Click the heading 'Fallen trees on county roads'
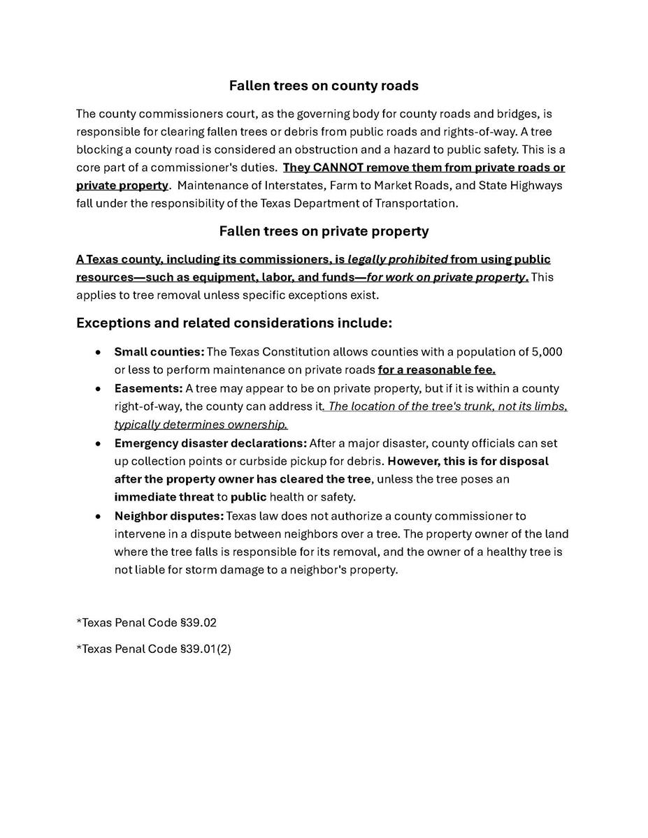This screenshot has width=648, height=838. click(x=324, y=86)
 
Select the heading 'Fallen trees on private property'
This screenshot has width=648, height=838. click(x=324, y=231)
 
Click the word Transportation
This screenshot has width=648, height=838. click(x=417, y=204)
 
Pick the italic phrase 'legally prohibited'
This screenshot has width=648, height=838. click(x=397, y=260)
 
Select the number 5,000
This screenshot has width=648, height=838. click(x=547, y=352)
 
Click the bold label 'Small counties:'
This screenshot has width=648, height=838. click(x=159, y=352)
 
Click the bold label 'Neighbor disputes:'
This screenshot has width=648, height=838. click(x=168, y=516)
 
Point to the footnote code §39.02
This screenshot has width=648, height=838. click(x=203, y=622)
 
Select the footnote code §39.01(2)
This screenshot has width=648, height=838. click(x=206, y=649)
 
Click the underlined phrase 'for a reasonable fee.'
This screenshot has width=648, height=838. click(x=436, y=370)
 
